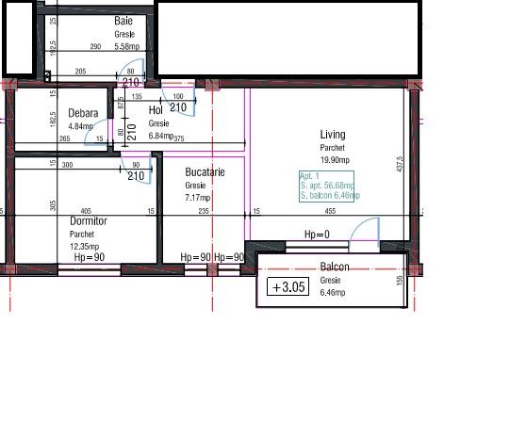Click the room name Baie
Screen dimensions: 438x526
coord(123,21)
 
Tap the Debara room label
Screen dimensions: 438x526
coord(83,114)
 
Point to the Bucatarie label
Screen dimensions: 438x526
coord(205,173)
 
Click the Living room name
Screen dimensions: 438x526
coord(333,135)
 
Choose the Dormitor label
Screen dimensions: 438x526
coord(89,221)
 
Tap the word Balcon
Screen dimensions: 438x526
coord(335,268)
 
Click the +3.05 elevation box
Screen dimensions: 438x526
coord(288,287)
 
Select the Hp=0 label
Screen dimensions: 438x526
coord(317,235)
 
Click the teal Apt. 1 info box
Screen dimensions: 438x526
coord(327,187)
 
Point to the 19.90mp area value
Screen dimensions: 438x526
coord(335,160)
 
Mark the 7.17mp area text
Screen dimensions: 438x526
coord(198,198)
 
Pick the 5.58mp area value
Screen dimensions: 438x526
coord(127,45)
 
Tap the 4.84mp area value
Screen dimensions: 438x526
coord(81,126)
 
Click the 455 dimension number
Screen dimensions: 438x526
coord(330,212)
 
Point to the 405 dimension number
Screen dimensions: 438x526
coord(86,212)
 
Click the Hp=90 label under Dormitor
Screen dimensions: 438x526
coord(89,257)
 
